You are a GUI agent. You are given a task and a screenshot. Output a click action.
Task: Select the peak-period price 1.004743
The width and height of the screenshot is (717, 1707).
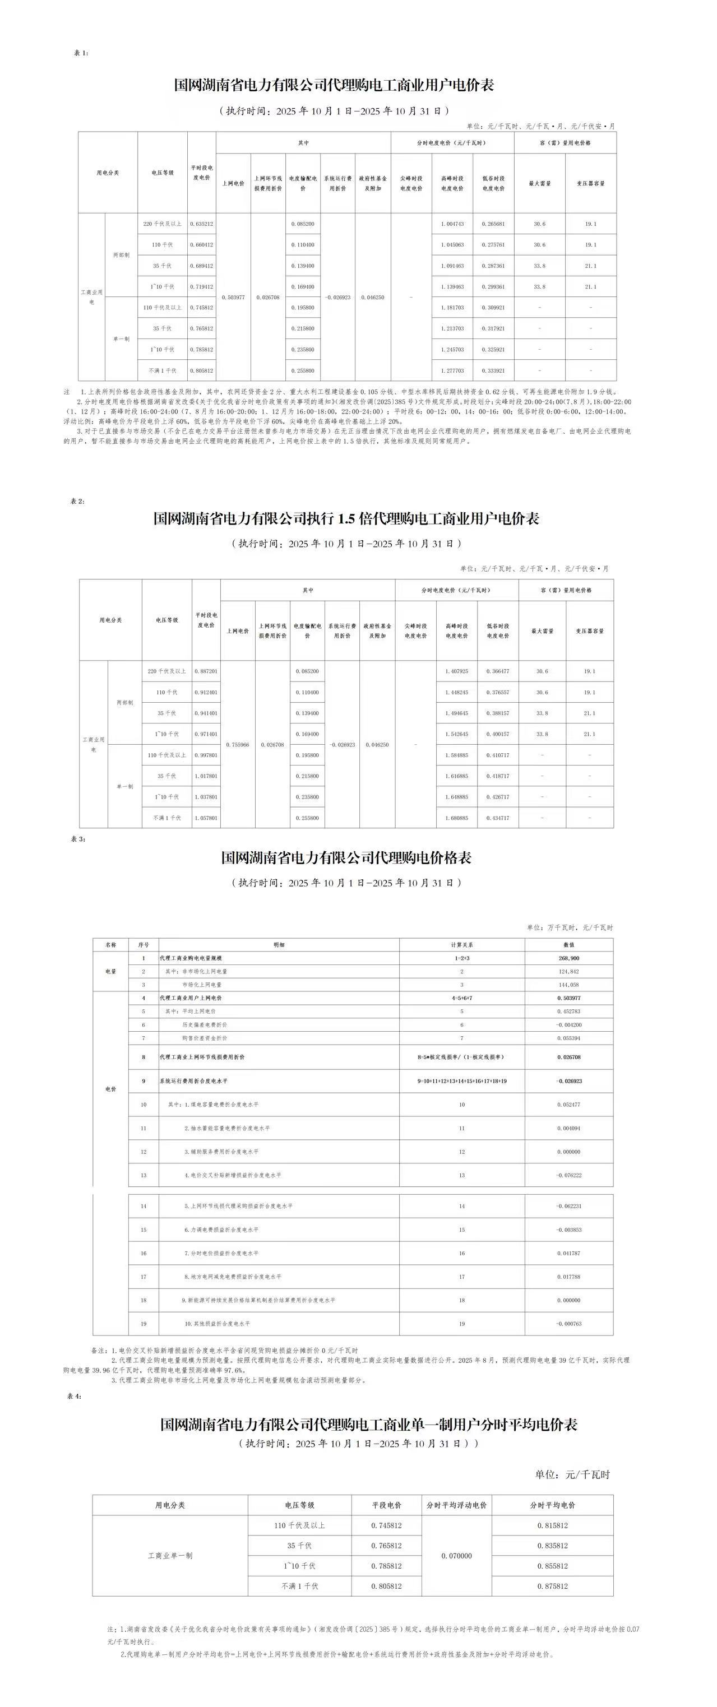pyautogui.click(x=452, y=224)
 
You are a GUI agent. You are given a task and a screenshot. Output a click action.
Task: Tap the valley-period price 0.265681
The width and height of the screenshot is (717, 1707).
pyautogui.click(x=493, y=224)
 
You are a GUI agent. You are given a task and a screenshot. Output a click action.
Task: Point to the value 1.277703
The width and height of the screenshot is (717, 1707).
pyautogui.click(x=452, y=371)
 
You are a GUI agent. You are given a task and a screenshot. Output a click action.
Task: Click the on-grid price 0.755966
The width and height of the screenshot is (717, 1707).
pyautogui.click(x=238, y=745)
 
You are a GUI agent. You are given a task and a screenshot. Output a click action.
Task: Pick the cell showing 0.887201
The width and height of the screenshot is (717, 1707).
pyautogui.click(x=206, y=671)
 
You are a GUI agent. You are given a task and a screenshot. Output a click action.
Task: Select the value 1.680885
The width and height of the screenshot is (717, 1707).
pyautogui.click(x=456, y=818)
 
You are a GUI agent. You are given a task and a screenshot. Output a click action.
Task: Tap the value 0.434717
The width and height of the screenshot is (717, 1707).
pyautogui.click(x=498, y=818)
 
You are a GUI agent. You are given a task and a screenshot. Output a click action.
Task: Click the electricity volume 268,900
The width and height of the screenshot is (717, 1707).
pyautogui.click(x=568, y=958)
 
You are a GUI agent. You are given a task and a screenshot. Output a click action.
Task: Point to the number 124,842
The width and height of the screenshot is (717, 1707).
pyautogui.click(x=568, y=971)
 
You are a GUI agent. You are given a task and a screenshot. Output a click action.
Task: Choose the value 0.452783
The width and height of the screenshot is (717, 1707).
pyautogui.click(x=568, y=1011)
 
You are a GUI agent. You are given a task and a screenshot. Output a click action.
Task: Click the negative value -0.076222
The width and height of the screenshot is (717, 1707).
pyautogui.click(x=568, y=1175)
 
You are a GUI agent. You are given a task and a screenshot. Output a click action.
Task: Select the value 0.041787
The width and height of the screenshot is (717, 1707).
pyautogui.click(x=568, y=1253)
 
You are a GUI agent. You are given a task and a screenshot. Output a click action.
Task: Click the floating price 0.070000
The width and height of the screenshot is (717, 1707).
pyautogui.click(x=456, y=1555)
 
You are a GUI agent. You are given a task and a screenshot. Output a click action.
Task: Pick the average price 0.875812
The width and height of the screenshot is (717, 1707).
pyautogui.click(x=553, y=1586)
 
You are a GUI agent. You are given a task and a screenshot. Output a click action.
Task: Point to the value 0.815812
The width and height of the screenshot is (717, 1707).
pyautogui.click(x=553, y=1525)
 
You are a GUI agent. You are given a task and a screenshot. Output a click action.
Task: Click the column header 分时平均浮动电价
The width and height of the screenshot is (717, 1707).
pyautogui.click(x=456, y=1505)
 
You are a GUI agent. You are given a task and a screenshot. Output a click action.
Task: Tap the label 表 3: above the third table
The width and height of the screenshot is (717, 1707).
pyautogui.click(x=78, y=839)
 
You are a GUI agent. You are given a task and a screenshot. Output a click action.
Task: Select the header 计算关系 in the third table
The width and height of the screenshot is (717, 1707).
pyautogui.click(x=462, y=945)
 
